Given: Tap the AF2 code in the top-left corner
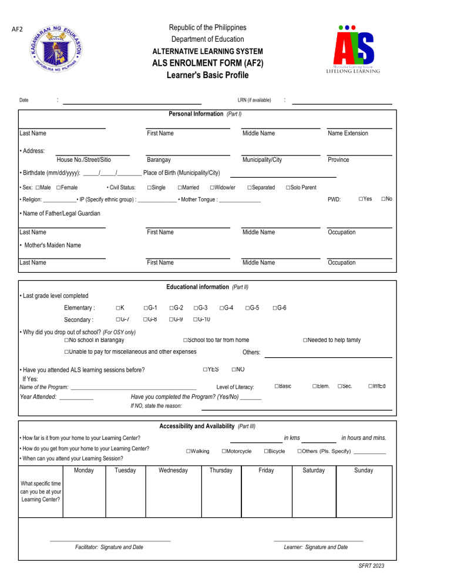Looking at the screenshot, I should (18, 29).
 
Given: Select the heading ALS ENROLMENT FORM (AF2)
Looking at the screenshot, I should (207, 63).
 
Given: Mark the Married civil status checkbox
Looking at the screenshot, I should (180, 187).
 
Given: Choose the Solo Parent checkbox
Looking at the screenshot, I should (288, 187).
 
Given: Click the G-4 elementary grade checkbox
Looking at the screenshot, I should (222, 307).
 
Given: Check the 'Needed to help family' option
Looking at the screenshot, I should (306, 340).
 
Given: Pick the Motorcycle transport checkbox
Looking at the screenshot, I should (224, 450).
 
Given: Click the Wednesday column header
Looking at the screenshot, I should (173, 471).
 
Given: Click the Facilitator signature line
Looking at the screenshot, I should (110, 540).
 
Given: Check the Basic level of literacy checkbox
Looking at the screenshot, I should (277, 385).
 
